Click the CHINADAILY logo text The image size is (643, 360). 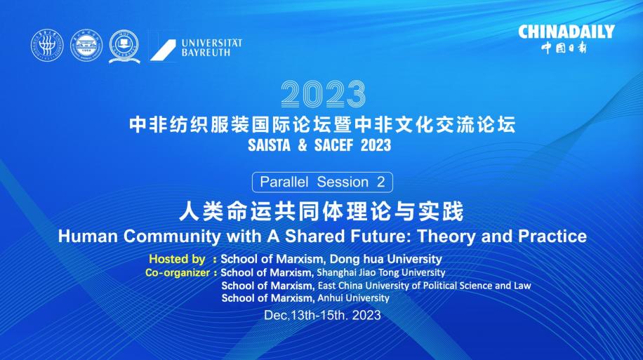(566, 32)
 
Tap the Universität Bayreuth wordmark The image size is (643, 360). (211, 48)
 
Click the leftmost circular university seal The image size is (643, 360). (47, 46)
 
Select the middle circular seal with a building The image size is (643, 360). (86, 46)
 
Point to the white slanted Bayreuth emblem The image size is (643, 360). (163, 50)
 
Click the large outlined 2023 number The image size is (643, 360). (323, 94)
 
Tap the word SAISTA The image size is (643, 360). (269, 145)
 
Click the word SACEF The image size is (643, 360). (333, 145)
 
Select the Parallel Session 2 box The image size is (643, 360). (322, 182)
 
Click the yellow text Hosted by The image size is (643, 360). (177, 259)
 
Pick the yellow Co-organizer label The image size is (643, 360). (177, 273)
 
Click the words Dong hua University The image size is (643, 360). (386, 259)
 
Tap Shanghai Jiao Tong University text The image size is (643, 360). (381, 273)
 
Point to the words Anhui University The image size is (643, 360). (354, 298)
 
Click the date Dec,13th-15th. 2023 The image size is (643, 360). (322, 315)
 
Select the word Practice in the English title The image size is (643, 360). (552, 236)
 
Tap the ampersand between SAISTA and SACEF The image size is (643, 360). (303, 145)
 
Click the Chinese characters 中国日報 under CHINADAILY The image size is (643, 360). (564, 48)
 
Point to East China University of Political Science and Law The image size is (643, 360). (425, 286)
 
